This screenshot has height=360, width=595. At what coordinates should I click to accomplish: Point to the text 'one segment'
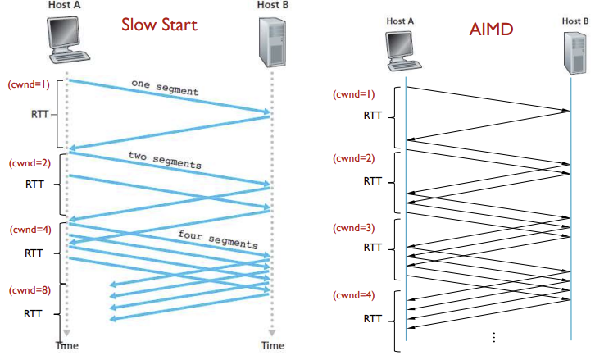click(165, 86)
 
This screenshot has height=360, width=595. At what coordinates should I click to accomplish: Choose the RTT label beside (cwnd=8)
click(34, 313)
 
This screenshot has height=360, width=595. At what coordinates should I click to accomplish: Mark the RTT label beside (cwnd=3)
click(373, 247)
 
